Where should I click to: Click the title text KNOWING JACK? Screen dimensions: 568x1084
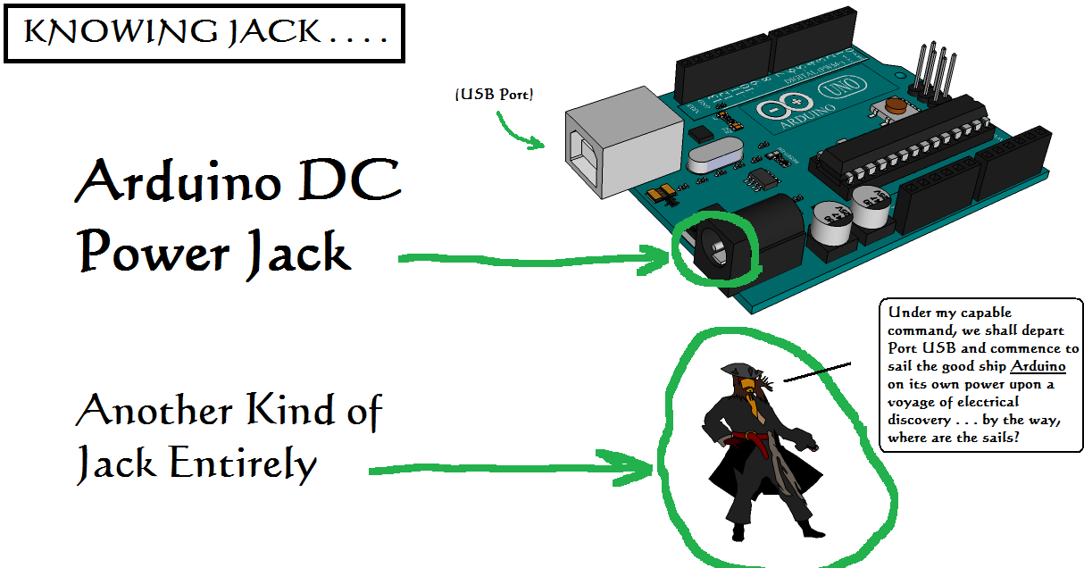point(204,33)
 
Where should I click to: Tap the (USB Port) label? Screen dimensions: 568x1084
point(494,94)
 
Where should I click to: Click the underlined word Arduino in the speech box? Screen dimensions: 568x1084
point(1038,366)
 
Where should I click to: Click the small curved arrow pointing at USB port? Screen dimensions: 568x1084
point(519,130)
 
